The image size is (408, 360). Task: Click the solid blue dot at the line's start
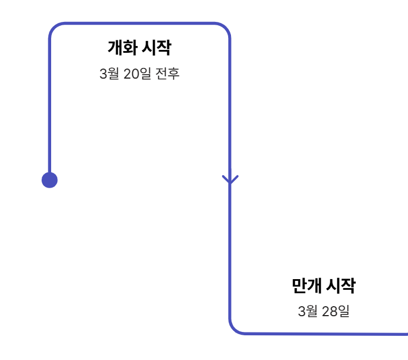49,180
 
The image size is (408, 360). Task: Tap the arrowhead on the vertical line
230,179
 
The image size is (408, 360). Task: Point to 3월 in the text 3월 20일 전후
109,74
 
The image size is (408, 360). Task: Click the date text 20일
137,74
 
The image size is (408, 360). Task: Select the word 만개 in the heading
306,286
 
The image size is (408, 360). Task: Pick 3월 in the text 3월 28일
308,311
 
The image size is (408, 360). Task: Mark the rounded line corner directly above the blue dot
54,28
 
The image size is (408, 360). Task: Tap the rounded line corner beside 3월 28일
234,329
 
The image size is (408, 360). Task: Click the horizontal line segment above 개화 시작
140,24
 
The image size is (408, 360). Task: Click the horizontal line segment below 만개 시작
326,334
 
